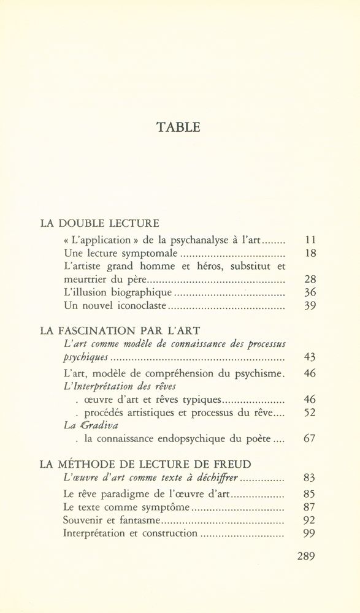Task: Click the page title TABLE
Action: tap(179, 128)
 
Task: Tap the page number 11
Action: tap(308, 240)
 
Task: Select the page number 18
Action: tap(308, 253)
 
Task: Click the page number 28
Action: tap(308, 280)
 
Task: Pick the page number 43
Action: tap(308, 357)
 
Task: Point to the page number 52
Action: tap(308, 413)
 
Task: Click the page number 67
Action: tap(308, 440)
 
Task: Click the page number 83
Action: tap(308, 478)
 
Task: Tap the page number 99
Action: tap(308, 533)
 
